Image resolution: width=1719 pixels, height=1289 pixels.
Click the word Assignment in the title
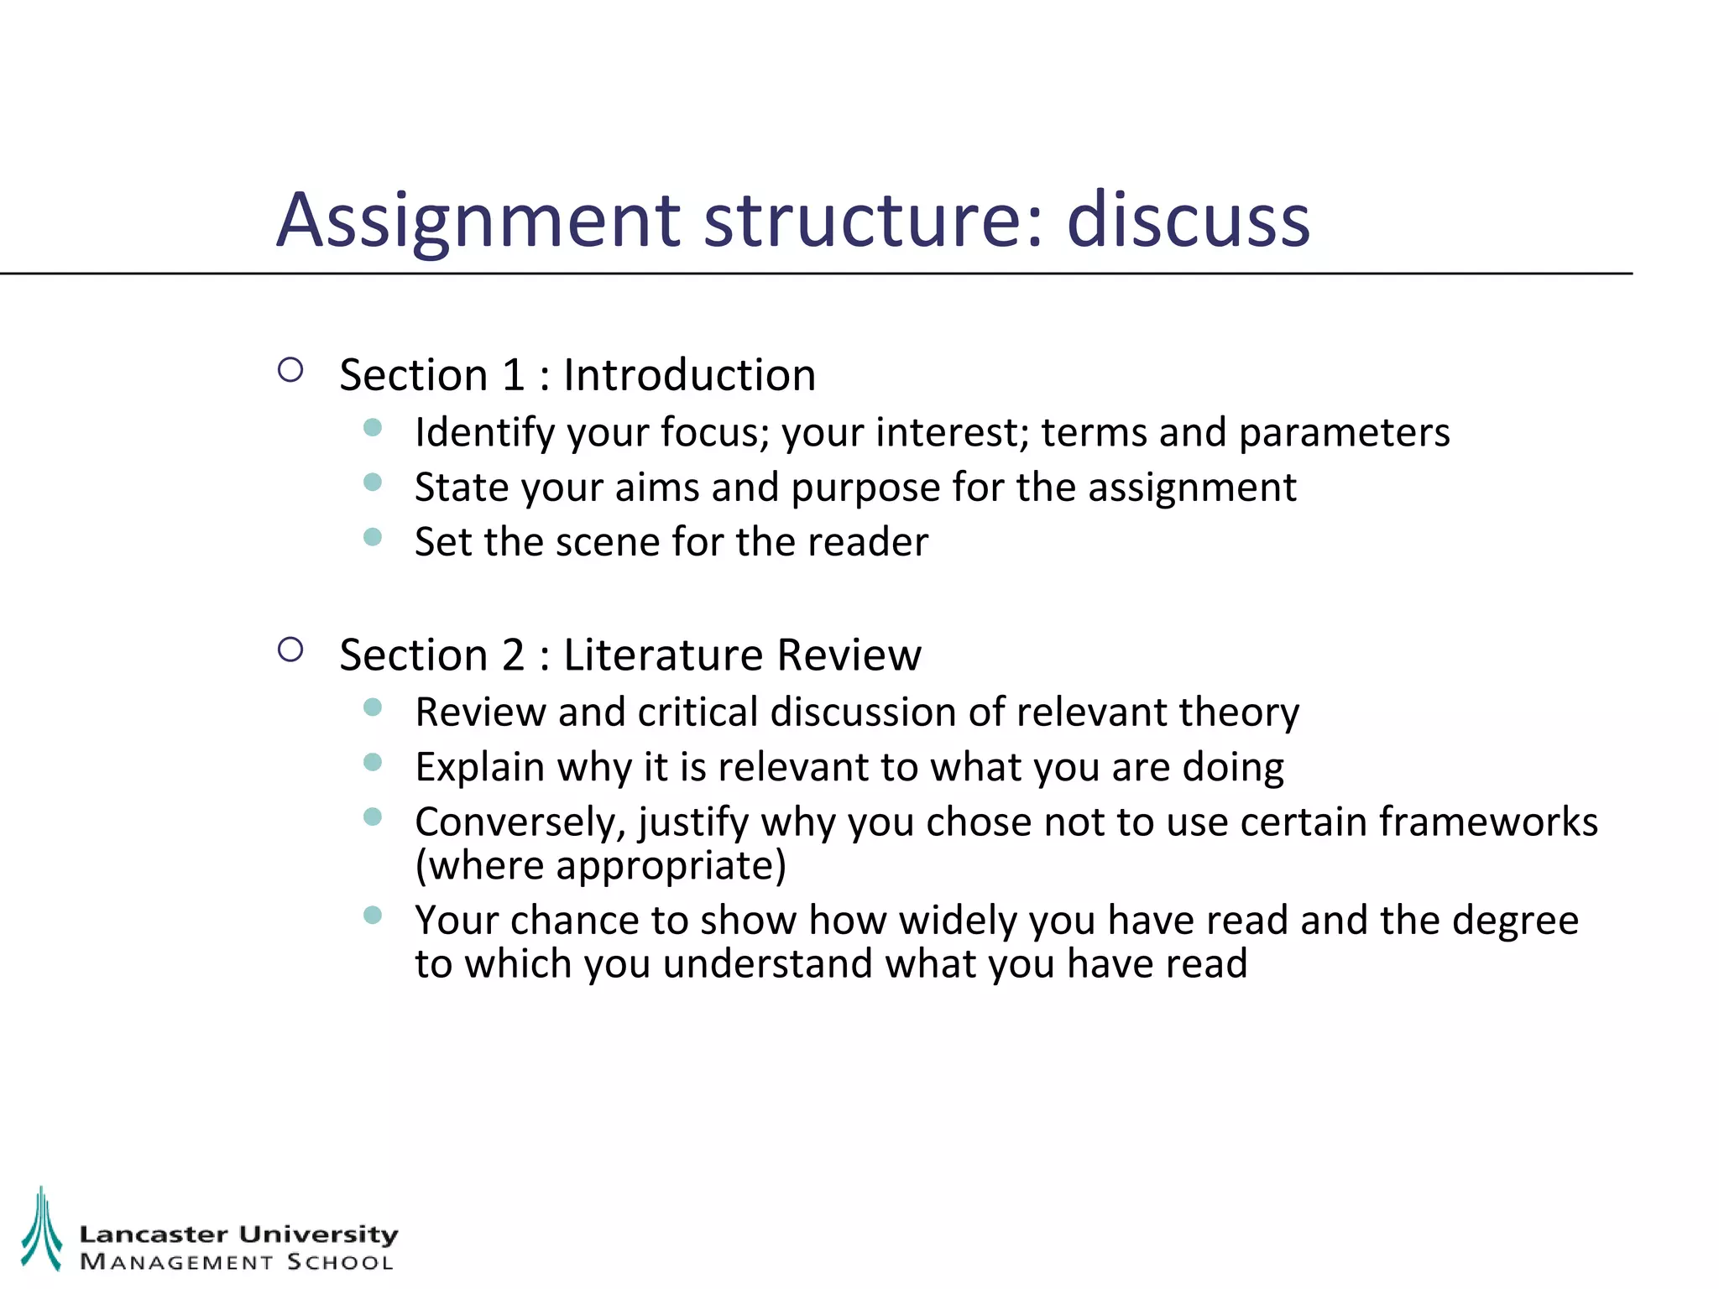coord(478,221)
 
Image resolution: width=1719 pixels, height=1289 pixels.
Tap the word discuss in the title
coord(1188,221)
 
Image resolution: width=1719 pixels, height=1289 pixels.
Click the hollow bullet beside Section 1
coord(290,370)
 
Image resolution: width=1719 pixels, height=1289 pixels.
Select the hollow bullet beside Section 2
coord(290,650)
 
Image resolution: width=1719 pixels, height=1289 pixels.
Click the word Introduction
coord(689,375)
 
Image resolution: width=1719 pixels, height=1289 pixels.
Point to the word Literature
coord(663,655)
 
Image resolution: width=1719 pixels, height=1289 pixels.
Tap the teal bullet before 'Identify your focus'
coord(373,428)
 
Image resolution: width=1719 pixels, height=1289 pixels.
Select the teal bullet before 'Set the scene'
coord(373,537)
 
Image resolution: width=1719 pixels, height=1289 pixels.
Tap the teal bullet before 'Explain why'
coord(373,762)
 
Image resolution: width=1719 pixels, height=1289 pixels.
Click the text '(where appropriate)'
coord(601,865)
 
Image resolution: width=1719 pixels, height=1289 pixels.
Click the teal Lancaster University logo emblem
coord(41,1229)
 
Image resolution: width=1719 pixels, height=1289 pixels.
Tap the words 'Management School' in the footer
coord(236,1262)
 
